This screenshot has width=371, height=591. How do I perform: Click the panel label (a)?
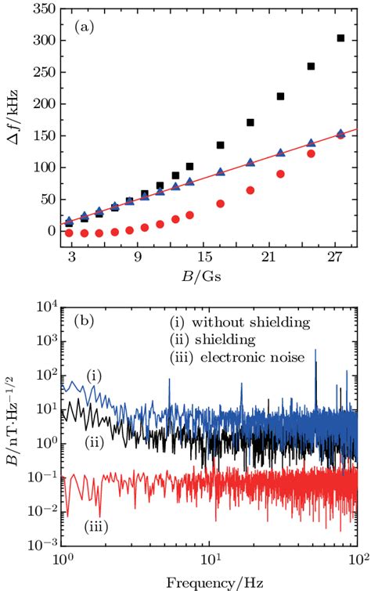pos(84,26)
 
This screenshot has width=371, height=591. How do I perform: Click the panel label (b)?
pos(85,320)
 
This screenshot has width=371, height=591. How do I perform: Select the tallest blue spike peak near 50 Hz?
pos(315,351)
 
